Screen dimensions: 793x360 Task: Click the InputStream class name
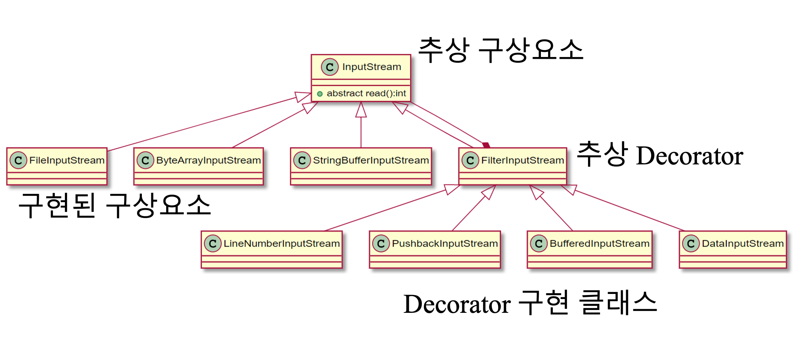click(371, 67)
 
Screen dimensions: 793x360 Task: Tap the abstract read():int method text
click(366, 94)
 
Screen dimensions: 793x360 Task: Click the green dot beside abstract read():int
click(320, 94)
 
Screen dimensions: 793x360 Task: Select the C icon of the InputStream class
click(329, 67)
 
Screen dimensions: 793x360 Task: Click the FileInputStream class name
click(67, 160)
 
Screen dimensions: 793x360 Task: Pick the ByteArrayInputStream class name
click(208, 160)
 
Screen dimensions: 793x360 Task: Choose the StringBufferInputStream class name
click(371, 160)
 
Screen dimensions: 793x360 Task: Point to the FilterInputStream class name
click(522, 160)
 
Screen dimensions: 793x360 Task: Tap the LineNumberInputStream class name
click(282, 244)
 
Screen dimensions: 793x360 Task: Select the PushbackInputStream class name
click(445, 244)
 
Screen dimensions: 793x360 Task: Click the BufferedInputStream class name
click(599, 244)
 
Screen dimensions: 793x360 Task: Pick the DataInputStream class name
click(743, 244)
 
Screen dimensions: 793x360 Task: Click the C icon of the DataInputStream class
click(691, 244)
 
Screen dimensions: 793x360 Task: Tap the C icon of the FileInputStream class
click(19, 160)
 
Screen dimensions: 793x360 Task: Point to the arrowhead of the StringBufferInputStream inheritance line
click(361, 110)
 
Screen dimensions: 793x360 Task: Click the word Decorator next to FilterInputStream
click(689, 156)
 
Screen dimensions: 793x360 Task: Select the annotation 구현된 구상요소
click(114, 205)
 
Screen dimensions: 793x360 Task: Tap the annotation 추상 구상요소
click(501, 50)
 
